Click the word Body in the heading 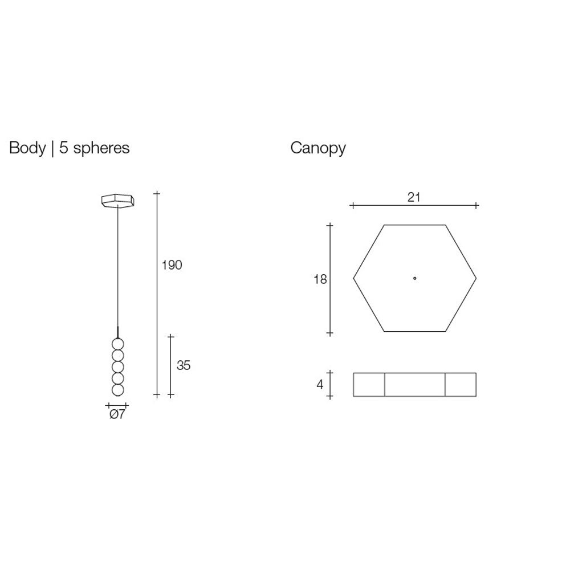click(27, 148)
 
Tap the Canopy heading click(318, 148)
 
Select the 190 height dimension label click(172, 265)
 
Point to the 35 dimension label click(184, 365)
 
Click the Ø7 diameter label click(117, 414)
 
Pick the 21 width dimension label click(414, 197)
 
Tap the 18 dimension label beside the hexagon click(320, 279)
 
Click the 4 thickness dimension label click(320, 384)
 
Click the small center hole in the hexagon click(415, 279)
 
